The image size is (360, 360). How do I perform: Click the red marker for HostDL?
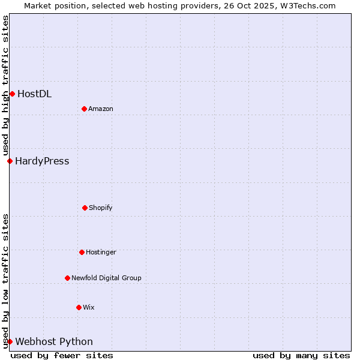pos(12,94)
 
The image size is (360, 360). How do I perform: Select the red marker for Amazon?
pos(84,109)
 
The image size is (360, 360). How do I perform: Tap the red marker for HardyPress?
pos(10,161)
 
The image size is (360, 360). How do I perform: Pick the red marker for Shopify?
pos(85,208)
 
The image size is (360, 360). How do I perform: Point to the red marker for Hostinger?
pos(82,252)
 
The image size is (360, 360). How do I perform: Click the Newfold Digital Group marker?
pos(67,278)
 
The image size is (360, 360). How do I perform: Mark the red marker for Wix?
pos(79,307)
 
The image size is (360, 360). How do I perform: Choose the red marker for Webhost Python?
pos(10,341)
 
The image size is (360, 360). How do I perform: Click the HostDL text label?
pos(34,94)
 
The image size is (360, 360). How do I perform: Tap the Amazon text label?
pos(101,109)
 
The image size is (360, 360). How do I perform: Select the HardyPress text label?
pos(42,161)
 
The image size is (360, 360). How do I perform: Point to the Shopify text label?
pos(101,208)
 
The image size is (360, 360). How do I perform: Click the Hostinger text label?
pos(101,252)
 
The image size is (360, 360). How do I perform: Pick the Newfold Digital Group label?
pos(106,278)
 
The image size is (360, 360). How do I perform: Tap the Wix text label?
pos(89,307)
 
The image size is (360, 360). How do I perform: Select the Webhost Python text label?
pos(54,341)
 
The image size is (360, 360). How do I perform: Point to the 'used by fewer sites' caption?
pos(62,355)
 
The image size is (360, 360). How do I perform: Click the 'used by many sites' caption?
pos(301,355)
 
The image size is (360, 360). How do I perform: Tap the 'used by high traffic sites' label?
pos(5,86)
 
